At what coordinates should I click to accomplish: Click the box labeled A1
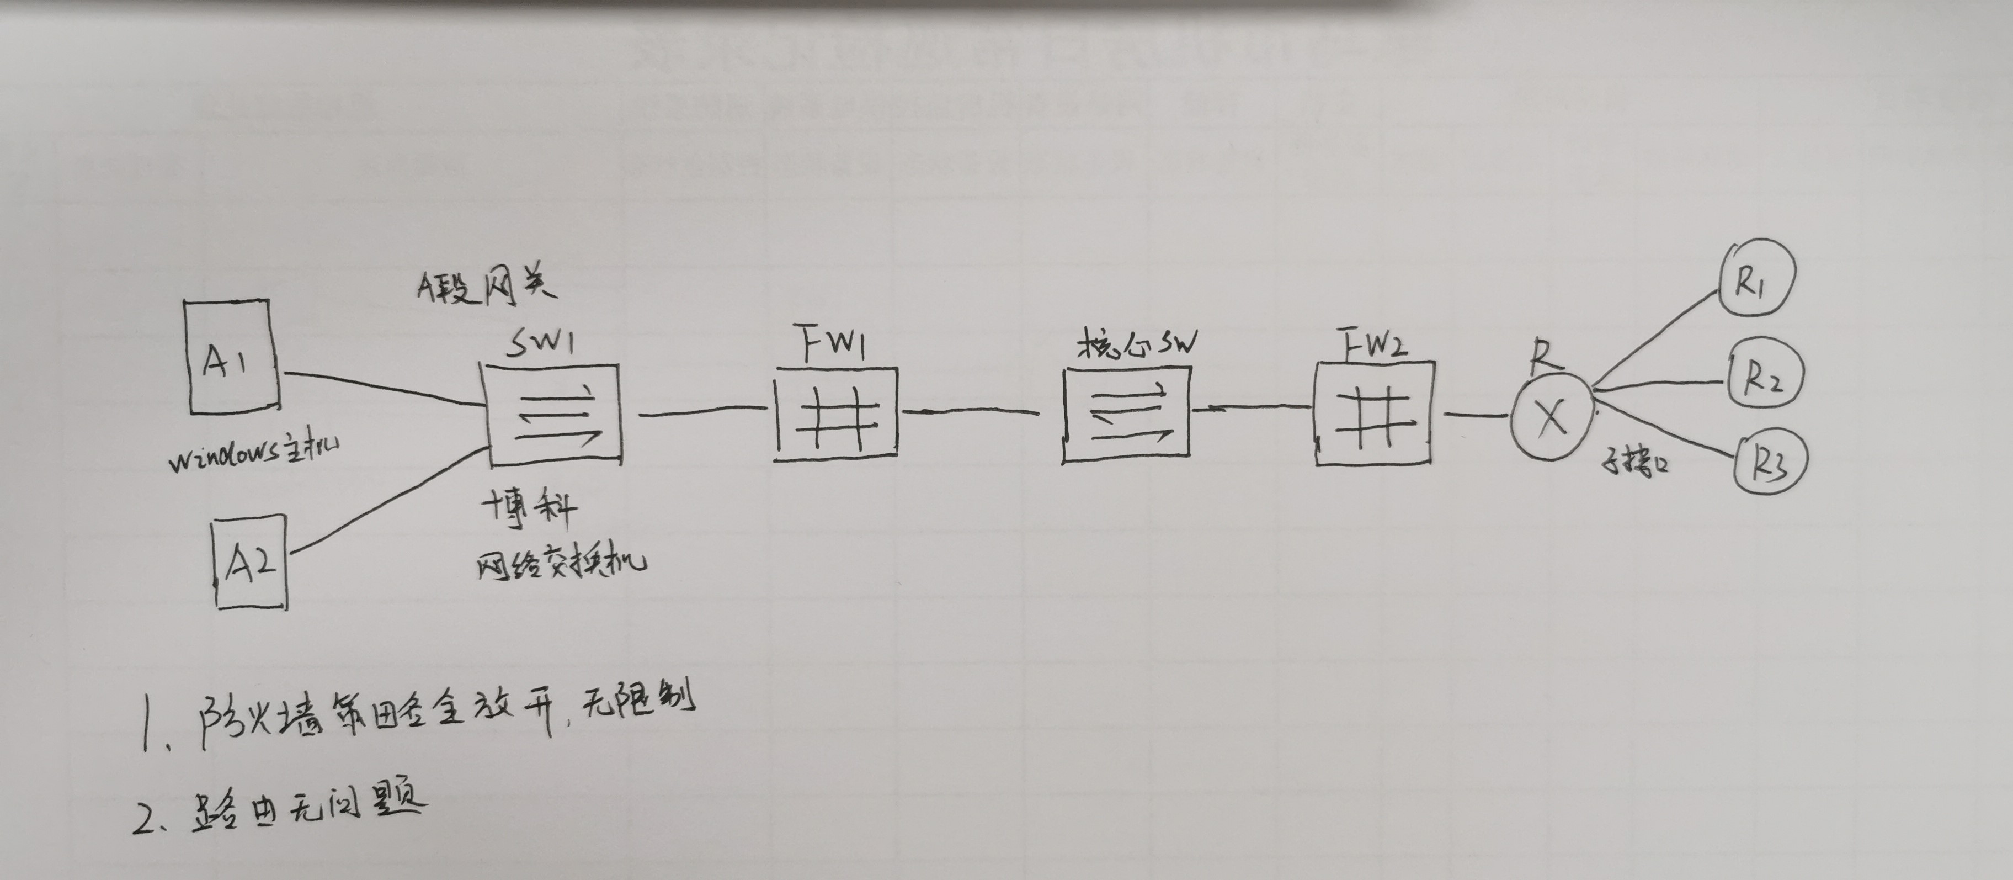click(232, 357)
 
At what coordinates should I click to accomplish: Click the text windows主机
click(253, 455)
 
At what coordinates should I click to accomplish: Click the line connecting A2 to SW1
click(387, 501)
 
